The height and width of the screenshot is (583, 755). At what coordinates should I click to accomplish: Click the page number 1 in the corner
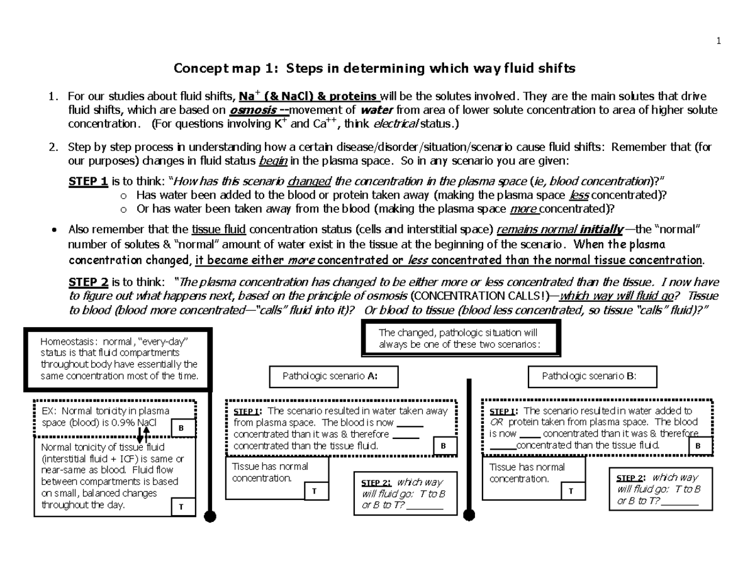tap(718, 42)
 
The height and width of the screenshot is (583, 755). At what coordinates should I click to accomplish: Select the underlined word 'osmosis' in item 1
tap(250, 110)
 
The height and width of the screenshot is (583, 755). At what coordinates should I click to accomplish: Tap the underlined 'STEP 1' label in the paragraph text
tap(87, 182)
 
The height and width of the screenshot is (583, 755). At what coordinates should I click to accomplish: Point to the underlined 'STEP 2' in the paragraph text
tap(87, 282)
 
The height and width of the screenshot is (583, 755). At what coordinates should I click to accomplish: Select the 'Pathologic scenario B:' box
tap(590, 377)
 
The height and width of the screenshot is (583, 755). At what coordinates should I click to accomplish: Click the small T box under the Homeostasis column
tap(181, 506)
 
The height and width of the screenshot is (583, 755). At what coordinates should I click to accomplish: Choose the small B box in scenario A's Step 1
tap(443, 446)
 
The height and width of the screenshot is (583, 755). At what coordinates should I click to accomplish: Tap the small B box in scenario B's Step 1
tap(698, 446)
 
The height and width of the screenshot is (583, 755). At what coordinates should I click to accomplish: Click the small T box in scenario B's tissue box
tap(571, 491)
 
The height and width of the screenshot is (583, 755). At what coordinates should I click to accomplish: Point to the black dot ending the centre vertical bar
tap(469, 516)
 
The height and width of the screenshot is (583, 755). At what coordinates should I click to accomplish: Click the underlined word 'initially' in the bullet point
tap(603, 228)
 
